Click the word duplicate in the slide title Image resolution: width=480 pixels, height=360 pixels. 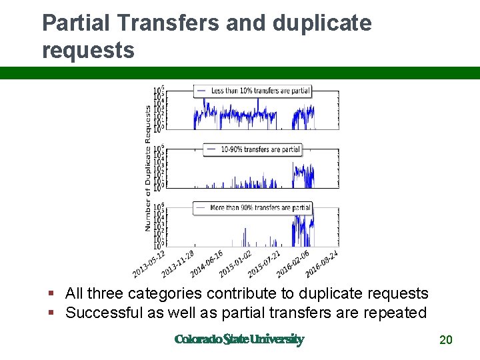click(322, 23)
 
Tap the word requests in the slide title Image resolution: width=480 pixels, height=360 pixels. click(88, 50)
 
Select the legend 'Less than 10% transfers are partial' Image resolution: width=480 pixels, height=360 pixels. click(252, 91)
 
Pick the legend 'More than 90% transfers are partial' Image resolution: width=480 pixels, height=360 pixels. click(252, 208)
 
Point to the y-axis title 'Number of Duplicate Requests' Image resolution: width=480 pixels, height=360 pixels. click(148, 168)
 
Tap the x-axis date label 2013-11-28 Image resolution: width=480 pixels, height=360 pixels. click(178, 264)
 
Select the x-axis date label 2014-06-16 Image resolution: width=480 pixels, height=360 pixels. click(207, 264)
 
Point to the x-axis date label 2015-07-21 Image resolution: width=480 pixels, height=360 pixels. click(264, 264)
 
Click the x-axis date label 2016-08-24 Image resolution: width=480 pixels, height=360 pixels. click(321, 264)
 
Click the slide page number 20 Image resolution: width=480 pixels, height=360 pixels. click(446, 341)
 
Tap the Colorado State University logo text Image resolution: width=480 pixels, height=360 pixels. click(239, 339)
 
